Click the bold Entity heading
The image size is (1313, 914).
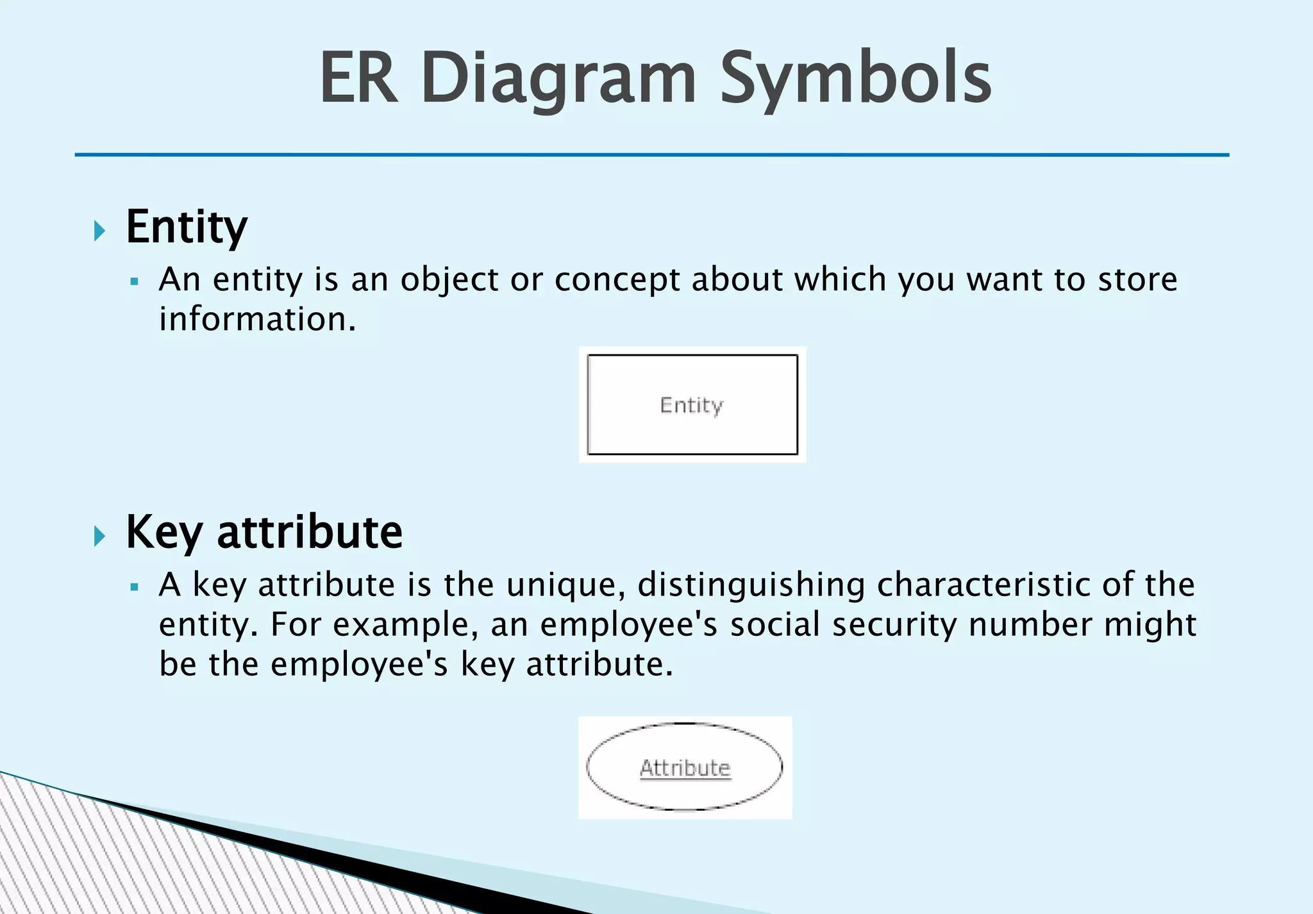187,228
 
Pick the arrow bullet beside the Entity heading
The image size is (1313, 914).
99,231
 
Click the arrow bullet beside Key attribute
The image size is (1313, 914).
99,536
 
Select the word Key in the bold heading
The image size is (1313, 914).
164,533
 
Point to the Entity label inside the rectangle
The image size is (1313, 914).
692,406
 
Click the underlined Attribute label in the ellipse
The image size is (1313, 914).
685,768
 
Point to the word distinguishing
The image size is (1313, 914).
751,586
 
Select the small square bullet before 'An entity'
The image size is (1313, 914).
134,281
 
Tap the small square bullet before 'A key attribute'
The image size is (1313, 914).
134,586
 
